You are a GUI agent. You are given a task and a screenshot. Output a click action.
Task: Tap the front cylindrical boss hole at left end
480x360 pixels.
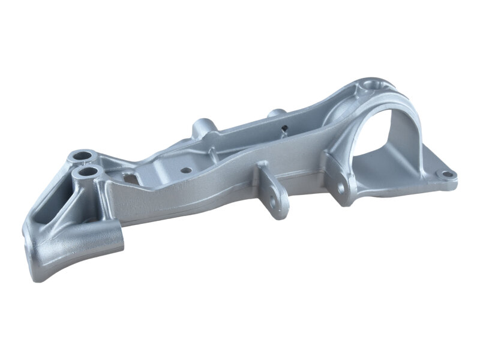point(88,172)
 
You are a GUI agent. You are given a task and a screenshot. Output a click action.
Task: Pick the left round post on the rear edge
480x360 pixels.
point(200,127)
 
